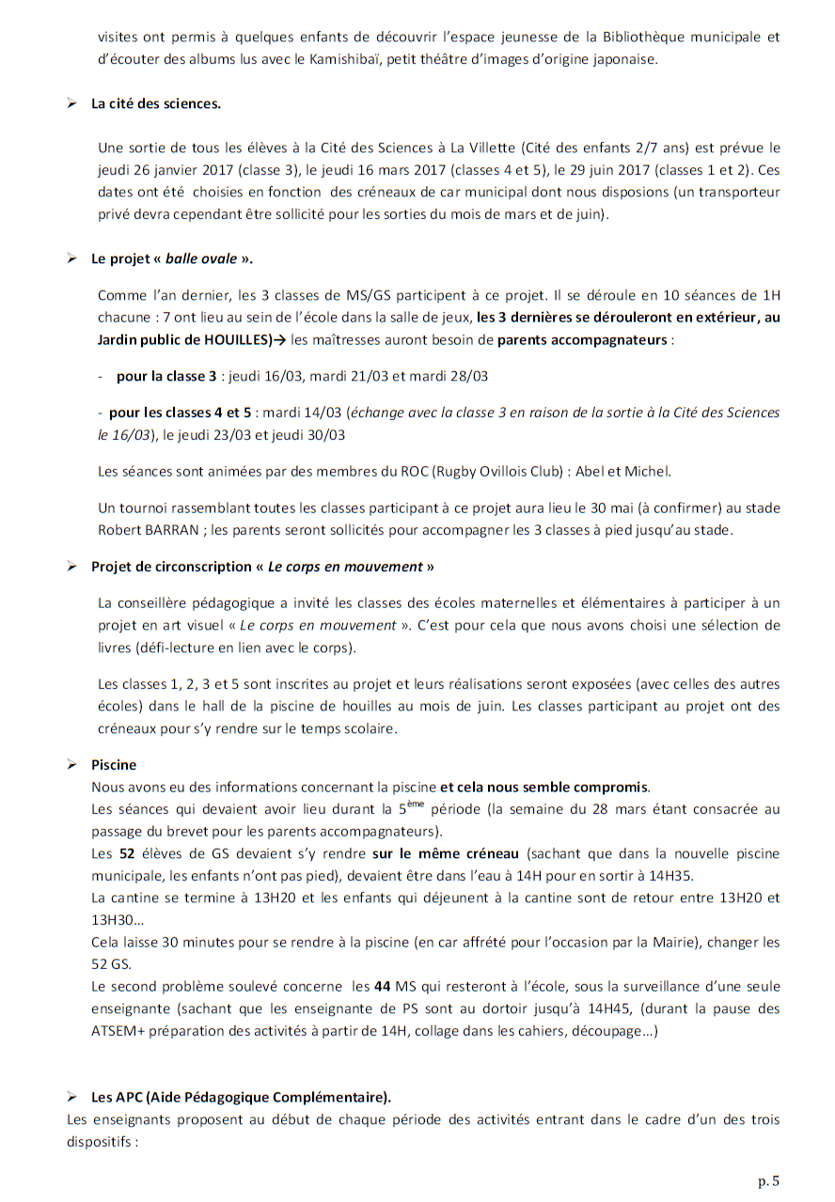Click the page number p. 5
tap(769, 1180)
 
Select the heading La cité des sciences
tap(156, 103)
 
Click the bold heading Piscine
tap(114, 765)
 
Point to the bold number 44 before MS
tap(386, 987)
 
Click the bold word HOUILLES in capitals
tap(234, 339)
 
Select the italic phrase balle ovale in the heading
tap(201, 258)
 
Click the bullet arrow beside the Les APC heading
tap(71, 1097)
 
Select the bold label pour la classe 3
tap(166, 376)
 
